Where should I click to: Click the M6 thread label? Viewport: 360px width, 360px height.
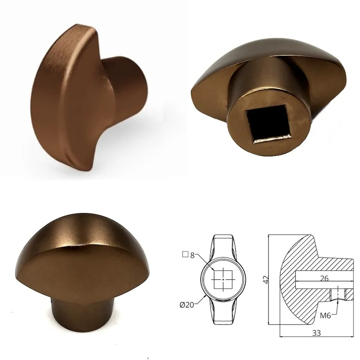point(325,316)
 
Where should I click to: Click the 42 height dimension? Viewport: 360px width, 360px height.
point(265,279)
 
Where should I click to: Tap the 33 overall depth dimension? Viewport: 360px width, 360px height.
point(316,333)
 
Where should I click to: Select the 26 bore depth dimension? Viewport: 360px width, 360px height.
point(324,278)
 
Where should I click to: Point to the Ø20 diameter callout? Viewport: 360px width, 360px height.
point(187,305)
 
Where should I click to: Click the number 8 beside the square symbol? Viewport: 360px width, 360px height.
point(193,255)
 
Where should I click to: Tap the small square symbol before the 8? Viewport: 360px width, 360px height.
point(185,254)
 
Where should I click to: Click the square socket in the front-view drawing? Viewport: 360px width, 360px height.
point(223,279)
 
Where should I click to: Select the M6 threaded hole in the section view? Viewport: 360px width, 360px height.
point(338,294)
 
